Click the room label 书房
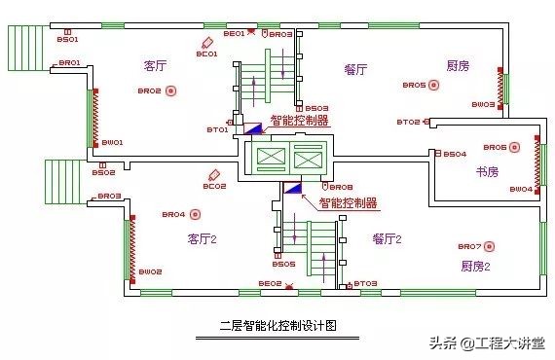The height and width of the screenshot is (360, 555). click(x=487, y=171)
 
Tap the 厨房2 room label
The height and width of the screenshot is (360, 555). click(x=476, y=265)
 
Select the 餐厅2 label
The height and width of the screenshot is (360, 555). click(x=387, y=238)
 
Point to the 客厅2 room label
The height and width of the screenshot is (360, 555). click(x=202, y=238)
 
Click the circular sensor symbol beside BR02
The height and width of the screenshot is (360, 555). click(x=171, y=91)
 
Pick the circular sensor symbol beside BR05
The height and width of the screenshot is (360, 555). click(x=435, y=86)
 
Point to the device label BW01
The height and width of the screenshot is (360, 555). click(x=112, y=143)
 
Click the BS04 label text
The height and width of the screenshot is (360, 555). click(x=455, y=155)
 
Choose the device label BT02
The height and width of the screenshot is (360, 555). click(x=408, y=123)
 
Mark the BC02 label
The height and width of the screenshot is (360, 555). click(x=214, y=186)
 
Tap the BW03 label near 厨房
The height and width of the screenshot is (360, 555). click(x=483, y=104)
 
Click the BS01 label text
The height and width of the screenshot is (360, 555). click(x=67, y=40)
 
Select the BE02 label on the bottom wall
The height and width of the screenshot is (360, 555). click(x=270, y=283)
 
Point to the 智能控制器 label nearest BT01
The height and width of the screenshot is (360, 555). click(x=299, y=122)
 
